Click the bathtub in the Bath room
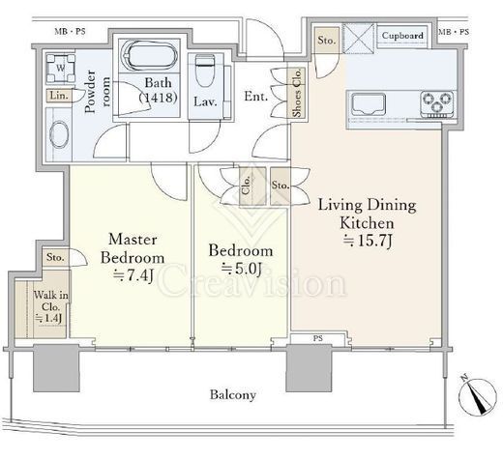149,55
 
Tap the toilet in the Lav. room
205,71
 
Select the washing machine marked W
61,69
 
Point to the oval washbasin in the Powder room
59,134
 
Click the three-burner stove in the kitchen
437,103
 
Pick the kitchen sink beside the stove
369,104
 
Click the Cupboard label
402,36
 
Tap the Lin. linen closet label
59,96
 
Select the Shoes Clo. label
297,93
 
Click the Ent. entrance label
255,97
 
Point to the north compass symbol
478,396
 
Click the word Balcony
233,394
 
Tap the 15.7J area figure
367,241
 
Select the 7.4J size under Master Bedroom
133,275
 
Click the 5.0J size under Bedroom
241,269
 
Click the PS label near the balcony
317,338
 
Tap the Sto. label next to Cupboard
327,41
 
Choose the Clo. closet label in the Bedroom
246,186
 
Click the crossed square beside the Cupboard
359,38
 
